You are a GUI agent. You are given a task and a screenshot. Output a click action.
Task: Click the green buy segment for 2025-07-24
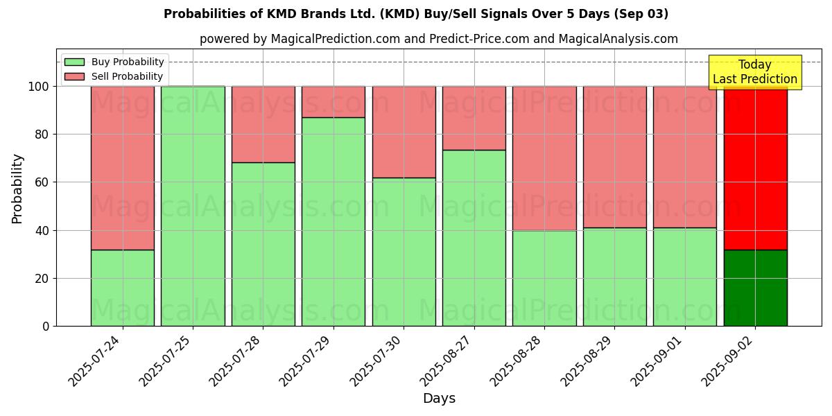(122, 288)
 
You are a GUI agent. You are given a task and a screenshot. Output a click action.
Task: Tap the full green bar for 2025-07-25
(193, 206)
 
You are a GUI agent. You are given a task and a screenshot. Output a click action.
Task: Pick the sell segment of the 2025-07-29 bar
(333, 102)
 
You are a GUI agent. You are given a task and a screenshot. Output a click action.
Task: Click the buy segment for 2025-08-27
(474, 238)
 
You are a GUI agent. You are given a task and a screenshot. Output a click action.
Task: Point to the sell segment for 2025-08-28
(544, 158)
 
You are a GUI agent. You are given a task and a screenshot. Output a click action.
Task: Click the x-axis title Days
(439, 399)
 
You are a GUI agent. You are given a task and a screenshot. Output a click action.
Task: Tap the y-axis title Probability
(17, 189)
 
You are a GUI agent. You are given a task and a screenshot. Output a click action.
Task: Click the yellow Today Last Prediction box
(754, 72)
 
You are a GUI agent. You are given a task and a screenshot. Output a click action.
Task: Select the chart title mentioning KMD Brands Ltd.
(416, 14)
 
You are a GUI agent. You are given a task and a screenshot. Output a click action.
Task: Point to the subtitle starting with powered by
(438, 39)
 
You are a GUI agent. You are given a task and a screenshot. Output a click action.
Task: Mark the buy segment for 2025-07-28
(263, 244)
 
